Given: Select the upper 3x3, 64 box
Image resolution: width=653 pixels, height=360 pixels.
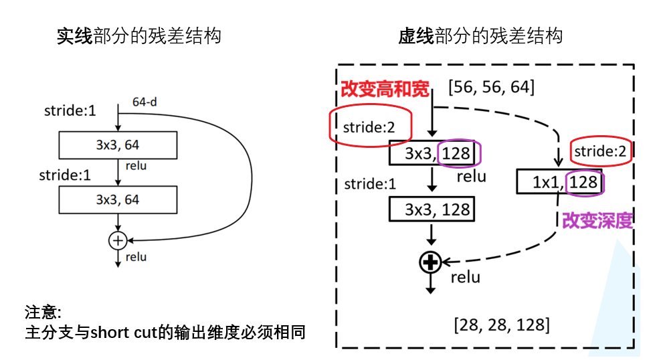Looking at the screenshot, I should coord(118,145).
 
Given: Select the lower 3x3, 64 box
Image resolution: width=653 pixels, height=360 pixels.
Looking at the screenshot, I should coord(118,199).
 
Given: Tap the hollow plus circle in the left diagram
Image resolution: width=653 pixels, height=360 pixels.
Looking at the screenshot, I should coord(118,240).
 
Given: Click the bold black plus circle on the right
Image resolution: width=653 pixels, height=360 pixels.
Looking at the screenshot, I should coord(430,262).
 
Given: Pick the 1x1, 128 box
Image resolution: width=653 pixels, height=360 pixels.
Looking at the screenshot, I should coord(561,182).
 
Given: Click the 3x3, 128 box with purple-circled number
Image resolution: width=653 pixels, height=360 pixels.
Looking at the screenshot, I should coord(436,153).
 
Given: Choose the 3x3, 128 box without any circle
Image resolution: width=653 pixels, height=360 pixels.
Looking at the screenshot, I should coord(432,209).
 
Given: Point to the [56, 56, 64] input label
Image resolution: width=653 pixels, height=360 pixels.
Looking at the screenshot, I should coord(492,87).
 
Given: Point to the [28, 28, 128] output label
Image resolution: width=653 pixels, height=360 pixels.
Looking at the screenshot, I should coord(502,325).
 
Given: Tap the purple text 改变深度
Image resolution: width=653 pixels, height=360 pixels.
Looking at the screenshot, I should coord(597,220).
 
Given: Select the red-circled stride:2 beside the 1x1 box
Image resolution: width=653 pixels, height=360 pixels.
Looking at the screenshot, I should coord(599,151).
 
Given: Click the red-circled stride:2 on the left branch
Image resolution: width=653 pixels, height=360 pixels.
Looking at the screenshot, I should coord(369,126).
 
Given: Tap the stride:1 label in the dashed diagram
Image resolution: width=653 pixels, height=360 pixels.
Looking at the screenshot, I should coord(370,183).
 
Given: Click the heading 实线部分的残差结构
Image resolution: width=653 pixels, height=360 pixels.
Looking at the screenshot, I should coord(138,35).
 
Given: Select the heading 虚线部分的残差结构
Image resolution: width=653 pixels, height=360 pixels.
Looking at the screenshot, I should coord(480,35).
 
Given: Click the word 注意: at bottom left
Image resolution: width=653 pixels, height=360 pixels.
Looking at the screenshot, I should coord(43,312).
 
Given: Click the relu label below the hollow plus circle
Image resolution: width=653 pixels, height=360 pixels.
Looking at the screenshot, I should coord(136,257).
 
